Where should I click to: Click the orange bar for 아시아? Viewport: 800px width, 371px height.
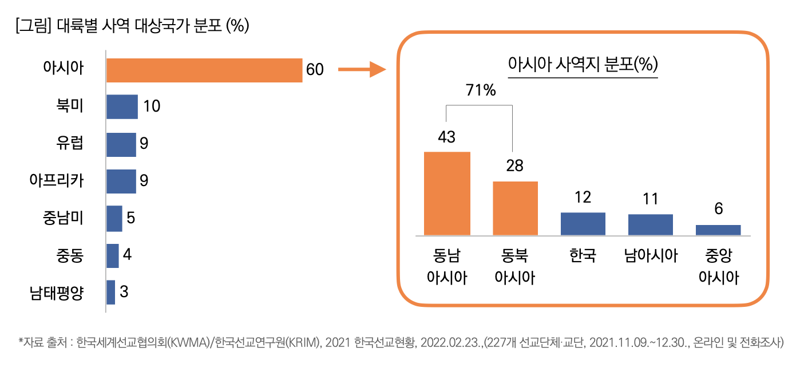coord(204,70)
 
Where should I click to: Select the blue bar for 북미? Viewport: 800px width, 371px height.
coord(122,106)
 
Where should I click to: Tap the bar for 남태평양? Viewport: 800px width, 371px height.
coord(110,292)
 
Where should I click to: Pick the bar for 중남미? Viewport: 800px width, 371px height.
coord(114,218)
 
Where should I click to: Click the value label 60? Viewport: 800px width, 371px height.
coord(315,70)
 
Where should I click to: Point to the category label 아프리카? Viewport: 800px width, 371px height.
coord(57,181)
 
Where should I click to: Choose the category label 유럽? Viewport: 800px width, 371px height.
coord(70,143)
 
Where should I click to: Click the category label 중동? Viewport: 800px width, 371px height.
coord(70,255)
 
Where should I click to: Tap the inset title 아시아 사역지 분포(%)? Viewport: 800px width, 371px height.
coord(583,64)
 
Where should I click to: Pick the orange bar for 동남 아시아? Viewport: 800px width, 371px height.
coord(447,194)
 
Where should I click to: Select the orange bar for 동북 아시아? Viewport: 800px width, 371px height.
coord(515,208)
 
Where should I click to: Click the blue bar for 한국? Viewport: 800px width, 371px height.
coord(583,224)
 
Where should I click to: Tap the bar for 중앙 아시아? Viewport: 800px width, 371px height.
coord(718,230)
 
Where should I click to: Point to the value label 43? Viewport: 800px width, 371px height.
coord(446,137)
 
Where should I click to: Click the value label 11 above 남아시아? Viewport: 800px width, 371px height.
coord(650,199)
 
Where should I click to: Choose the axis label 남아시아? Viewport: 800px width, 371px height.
coord(651,255)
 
